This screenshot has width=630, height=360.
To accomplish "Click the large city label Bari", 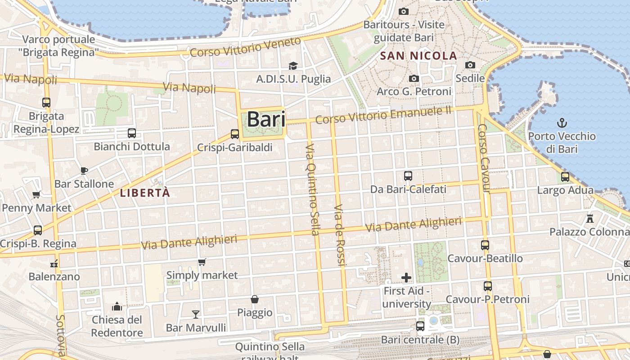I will tap(266, 120).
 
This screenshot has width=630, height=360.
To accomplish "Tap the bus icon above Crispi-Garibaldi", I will tap(234, 134).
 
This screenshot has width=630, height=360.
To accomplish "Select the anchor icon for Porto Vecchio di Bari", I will tap(562, 122).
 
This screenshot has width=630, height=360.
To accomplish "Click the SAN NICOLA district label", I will tap(418, 56).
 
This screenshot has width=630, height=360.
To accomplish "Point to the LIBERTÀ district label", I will tap(145, 193).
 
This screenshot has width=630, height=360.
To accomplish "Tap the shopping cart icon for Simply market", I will tap(202, 262).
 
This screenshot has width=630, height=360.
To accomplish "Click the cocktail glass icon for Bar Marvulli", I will tap(196, 314).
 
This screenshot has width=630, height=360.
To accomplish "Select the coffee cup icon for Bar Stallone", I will tap(84, 170).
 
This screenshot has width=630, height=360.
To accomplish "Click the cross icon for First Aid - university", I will tap(406, 277).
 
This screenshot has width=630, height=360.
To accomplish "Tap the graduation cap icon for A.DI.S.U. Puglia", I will tap(293, 66).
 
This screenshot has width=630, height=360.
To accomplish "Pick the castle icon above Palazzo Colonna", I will tap(589, 219).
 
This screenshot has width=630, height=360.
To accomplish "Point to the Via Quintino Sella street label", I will tap(312, 189).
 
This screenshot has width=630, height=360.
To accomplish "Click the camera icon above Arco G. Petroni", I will tap(414, 78).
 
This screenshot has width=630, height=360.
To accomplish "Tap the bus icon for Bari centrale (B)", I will tap(420, 326).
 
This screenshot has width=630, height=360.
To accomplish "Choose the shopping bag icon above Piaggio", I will tap(255, 299).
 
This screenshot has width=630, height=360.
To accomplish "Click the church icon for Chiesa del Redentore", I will tap(117, 306).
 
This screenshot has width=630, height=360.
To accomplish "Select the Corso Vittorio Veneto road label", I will tap(245, 47).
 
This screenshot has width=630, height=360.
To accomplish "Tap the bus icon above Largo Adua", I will tap(565, 177).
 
